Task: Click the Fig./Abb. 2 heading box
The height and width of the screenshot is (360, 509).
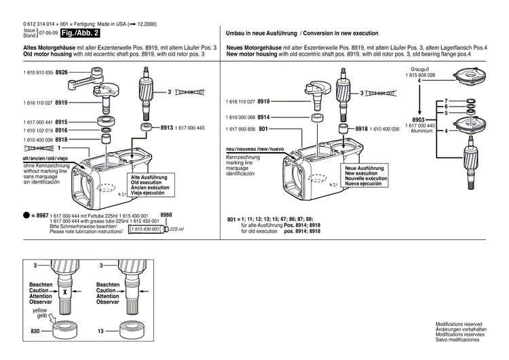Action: pos(80,33)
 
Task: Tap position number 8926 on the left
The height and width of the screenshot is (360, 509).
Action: pos(61,71)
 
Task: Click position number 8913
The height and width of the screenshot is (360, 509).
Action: pos(167,128)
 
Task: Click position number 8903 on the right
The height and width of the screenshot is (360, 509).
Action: pos(419,118)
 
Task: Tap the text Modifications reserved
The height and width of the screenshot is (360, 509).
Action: pos(458,325)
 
